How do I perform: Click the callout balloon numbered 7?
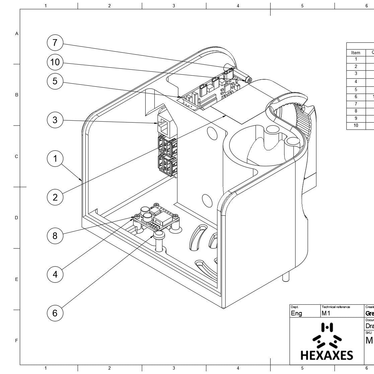[55, 43]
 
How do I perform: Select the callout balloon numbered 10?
[55, 62]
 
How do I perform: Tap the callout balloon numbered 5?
[55, 81]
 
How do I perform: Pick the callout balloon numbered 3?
[55, 120]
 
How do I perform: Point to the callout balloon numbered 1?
[55, 158]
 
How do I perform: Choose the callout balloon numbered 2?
[55, 197]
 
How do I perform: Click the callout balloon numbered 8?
[55, 236]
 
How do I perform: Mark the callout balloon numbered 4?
[55, 275]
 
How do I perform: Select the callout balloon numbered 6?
[55, 313]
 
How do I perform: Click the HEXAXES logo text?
[326, 355]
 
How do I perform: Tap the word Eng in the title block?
[296, 313]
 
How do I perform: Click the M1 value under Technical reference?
[326, 313]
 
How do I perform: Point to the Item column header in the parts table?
[356, 53]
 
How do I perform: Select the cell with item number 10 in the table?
[356, 126]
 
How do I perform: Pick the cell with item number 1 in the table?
[356, 59]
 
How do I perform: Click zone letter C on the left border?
[16, 156]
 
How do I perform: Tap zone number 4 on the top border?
[238, 6]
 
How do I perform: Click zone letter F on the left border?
[16, 341]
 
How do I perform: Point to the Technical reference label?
[336, 307]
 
